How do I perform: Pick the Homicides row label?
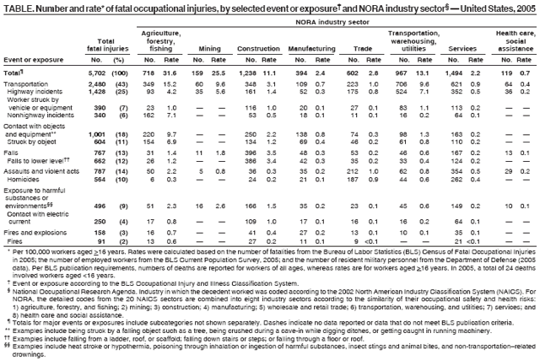click(28, 178)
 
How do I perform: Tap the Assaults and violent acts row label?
click(42, 170)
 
